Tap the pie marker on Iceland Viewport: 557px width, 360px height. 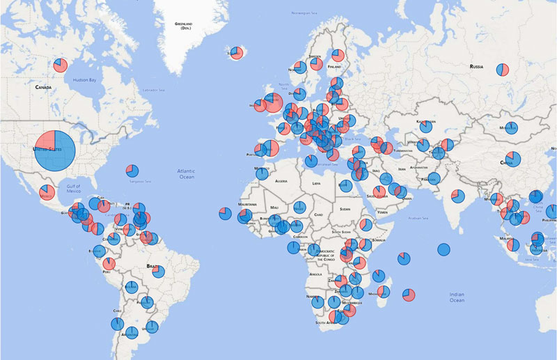[237, 53]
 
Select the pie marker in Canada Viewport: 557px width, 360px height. [60, 65]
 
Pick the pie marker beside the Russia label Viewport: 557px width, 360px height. [503, 69]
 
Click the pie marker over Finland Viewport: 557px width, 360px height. [338, 56]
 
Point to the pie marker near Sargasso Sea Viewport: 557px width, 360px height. [131, 171]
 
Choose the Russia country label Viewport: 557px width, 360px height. [476, 66]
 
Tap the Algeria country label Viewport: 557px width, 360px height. [281, 181]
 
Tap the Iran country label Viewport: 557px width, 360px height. [402, 170]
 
